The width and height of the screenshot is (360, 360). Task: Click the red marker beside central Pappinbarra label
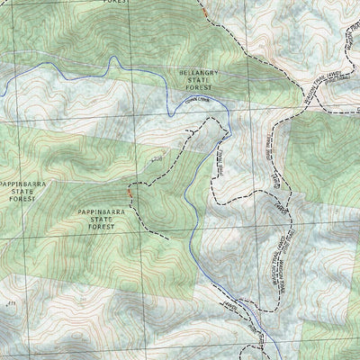(130, 192)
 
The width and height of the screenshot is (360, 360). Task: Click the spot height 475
(12, 307)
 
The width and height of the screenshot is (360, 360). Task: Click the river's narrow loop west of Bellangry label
(113, 62)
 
